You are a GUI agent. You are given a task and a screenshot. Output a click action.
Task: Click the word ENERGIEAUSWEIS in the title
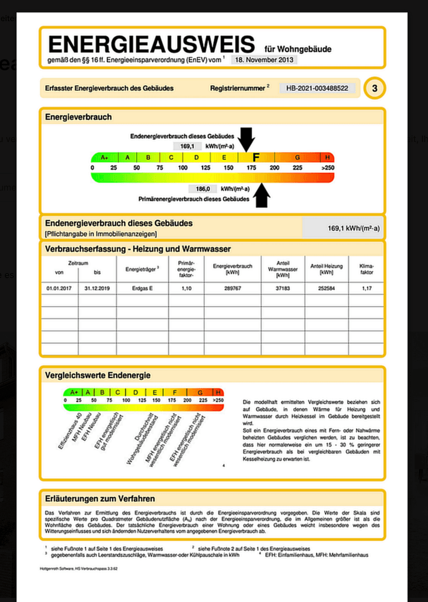click(151, 44)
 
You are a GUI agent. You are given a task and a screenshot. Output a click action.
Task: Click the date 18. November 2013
click(264, 60)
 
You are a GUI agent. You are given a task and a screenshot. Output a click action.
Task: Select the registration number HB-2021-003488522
click(317, 88)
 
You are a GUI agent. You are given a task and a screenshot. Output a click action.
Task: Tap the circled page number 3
click(374, 88)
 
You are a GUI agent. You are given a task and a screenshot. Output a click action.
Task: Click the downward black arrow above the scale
click(246, 139)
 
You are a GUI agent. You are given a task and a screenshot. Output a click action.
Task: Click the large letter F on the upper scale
click(256, 158)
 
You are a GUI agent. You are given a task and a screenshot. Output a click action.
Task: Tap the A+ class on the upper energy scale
click(104, 158)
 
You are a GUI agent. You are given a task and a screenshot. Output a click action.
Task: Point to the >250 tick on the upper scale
click(328, 168)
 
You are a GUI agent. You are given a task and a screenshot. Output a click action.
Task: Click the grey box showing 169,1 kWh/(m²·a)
click(343, 228)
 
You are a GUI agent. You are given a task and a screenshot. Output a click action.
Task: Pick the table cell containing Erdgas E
click(142, 288)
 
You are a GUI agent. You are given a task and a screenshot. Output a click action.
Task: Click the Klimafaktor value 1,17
click(366, 288)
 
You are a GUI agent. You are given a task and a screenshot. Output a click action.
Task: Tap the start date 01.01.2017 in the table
click(60, 288)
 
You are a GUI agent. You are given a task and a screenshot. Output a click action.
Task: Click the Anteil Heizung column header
click(326, 269)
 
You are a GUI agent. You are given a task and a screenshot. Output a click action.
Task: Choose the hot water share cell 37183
click(283, 288)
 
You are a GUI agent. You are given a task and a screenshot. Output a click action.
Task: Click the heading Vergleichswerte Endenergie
click(98, 376)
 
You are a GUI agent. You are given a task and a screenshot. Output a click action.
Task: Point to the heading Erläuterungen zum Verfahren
click(100, 498)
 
